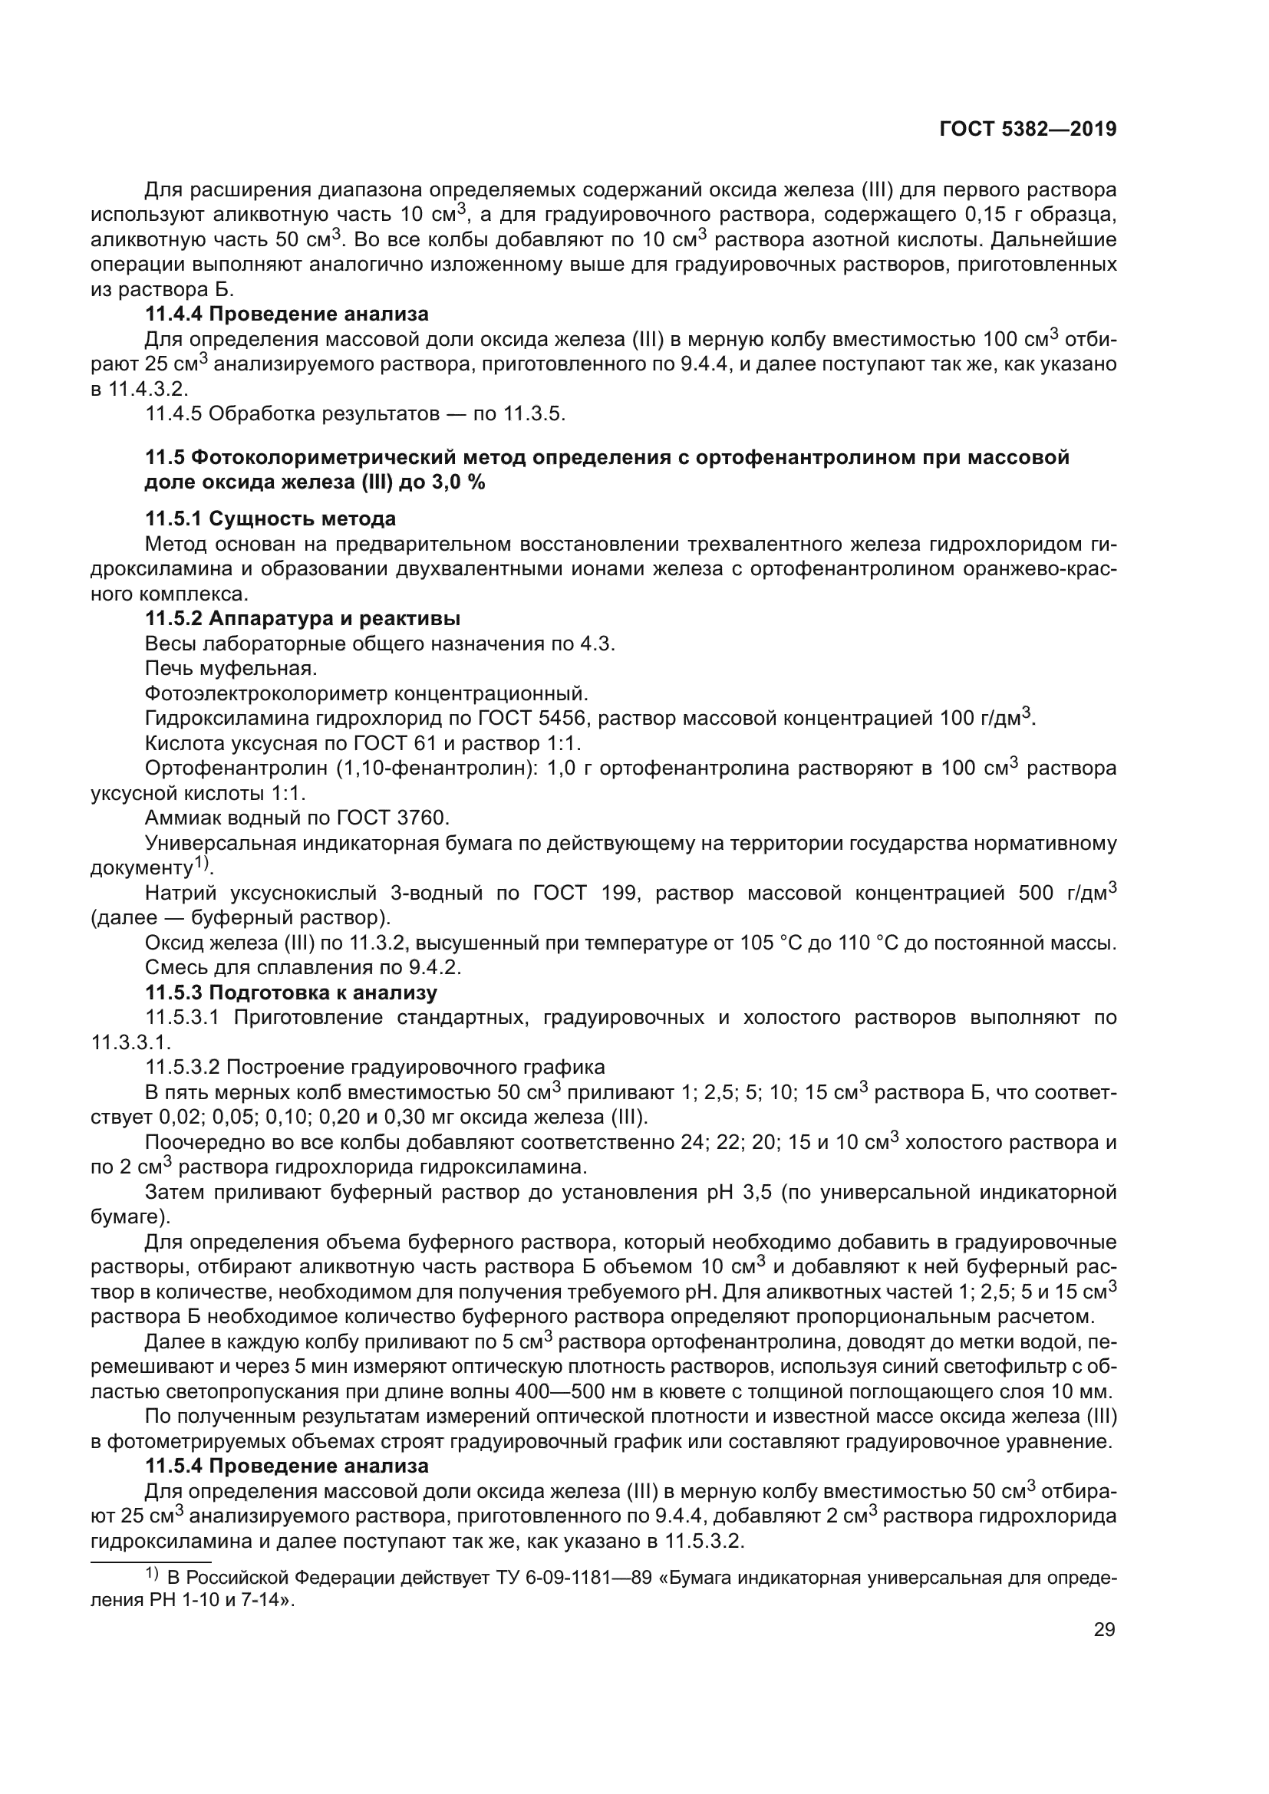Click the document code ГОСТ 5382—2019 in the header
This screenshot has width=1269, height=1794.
pyautogui.click(x=1027, y=130)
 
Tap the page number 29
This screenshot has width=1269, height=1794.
pyautogui.click(x=1104, y=1629)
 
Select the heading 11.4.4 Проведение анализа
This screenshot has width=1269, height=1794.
pyautogui.click(x=287, y=314)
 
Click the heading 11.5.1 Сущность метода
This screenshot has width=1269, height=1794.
pyautogui.click(x=270, y=518)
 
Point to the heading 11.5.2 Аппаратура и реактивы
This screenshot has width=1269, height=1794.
pyautogui.click(x=302, y=619)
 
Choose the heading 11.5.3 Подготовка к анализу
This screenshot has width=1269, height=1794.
pyautogui.click(x=291, y=993)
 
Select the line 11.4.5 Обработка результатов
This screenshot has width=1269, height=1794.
pyautogui.click(x=354, y=413)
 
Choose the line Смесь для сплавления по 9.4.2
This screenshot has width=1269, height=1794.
pyautogui.click(x=303, y=968)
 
